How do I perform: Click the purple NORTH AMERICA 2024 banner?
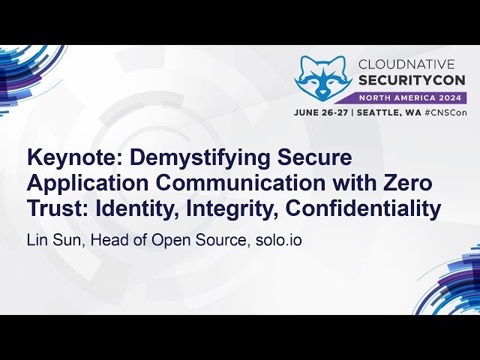coord(411,97)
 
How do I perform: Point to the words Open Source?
coord(194,241)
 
